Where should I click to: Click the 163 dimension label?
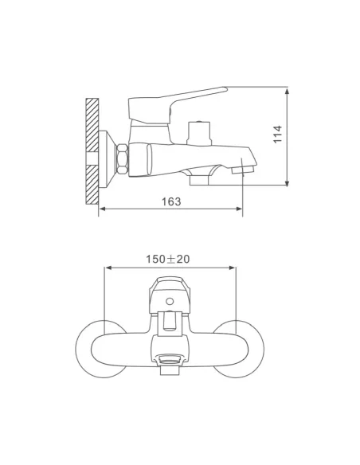point(171,201)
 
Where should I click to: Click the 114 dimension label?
point(277,135)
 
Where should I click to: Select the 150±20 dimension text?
point(168,260)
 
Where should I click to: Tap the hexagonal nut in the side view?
point(123,159)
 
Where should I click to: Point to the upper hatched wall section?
point(92,126)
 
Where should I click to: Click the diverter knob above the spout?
point(199,133)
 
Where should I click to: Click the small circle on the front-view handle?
point(170,302)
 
